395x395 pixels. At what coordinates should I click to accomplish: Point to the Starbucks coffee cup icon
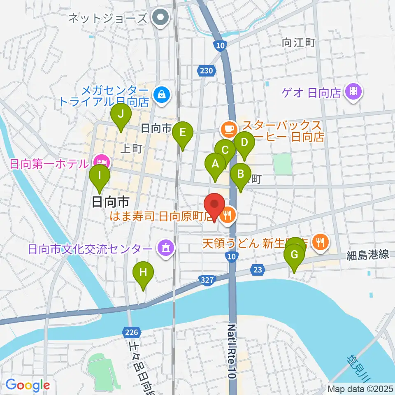click(x=228, y=129)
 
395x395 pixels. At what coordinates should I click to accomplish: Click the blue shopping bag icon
click(x=161, y=95)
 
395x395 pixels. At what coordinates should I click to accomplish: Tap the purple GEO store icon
click(x=353, y=91)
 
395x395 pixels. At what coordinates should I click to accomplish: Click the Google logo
click(x=28, y=385)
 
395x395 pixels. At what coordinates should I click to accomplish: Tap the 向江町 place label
click(x=299, y=42)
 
